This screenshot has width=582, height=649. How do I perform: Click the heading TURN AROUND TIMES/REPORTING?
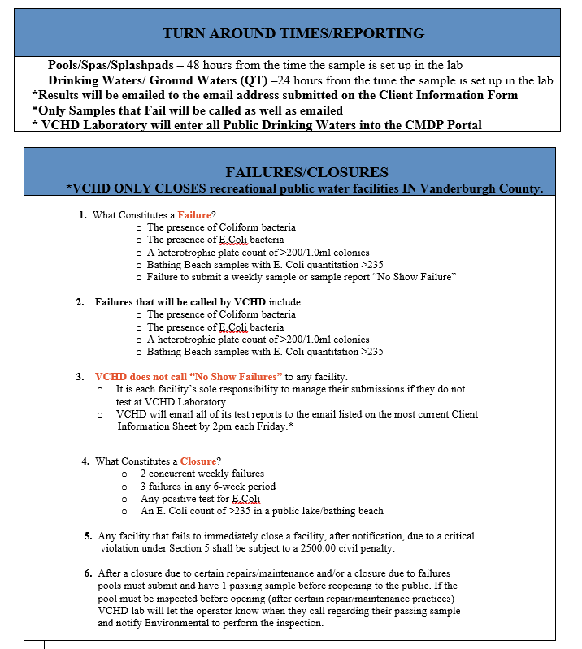(293, 33)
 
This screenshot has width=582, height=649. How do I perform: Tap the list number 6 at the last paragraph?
(88, 573)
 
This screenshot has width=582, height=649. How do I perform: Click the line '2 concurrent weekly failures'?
(202, 473)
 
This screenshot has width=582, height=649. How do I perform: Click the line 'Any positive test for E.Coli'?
(200, 498)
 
